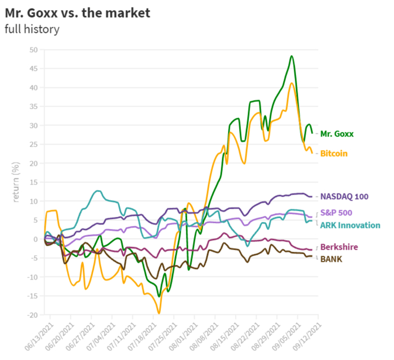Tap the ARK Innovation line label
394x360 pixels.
pyautogui.click(x=348, y=225)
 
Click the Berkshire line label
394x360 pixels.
pyautogui.click(x=339, y=247)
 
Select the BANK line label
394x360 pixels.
pyautogui.click(x=332, y=259)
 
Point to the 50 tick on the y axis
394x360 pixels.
pyautogui.click(x=33, y=50)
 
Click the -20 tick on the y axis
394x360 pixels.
pyautogui.click(x=32, y=315)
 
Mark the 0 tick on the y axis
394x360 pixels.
pyautogui.click(x=35, y=239)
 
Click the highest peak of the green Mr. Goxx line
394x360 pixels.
pyautogui.click(x=292, y=56)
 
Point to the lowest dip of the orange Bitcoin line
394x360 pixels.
pyautogui.click(x=159, y=313)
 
